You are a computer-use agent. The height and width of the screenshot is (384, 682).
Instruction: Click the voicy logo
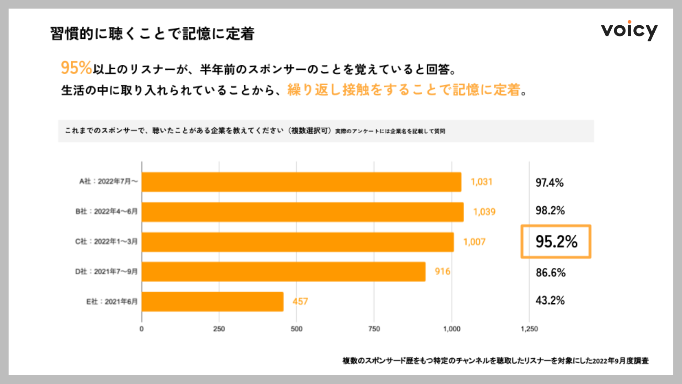pos(629,31)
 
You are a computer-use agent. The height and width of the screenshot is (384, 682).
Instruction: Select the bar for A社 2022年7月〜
pos(301,182)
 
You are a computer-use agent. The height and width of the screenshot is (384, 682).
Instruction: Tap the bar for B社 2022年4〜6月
pos(303,212)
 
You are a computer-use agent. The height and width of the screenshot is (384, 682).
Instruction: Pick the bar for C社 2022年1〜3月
pos(298,242)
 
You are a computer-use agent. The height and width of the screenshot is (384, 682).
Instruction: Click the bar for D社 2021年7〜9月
pos(283,272)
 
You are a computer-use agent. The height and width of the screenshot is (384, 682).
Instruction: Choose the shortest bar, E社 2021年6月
pos(212,302)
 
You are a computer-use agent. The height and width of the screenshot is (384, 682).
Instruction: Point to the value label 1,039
pos(484,212)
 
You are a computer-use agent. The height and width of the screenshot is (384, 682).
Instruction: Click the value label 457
pos(300,302)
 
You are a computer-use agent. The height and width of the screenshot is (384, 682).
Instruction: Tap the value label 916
pos(442,272)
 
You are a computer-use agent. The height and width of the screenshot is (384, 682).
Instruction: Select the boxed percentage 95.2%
pos(556,241)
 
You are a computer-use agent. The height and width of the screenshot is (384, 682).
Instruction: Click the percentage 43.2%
pos(550,300)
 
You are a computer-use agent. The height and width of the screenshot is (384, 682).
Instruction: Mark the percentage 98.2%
pos(550,210)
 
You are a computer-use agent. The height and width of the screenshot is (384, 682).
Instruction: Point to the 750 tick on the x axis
pos(374,329)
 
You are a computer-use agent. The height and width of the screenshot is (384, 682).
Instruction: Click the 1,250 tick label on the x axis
pos(529,329)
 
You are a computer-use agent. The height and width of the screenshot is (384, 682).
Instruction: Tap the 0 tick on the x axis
pos(142,329)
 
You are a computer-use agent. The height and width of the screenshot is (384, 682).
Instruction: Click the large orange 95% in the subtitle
pos(76,68)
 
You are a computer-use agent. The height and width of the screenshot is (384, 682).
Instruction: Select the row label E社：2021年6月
pos(112,302)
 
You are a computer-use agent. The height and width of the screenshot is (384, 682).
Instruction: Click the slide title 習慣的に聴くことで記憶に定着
pos(152,34)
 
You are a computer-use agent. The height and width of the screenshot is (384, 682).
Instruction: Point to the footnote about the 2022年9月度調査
pos(496,361)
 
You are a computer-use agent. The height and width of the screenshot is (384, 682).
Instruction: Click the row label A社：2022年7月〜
pos(108,181)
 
